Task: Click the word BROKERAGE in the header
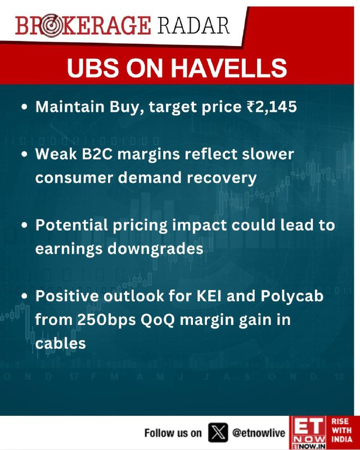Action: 83,26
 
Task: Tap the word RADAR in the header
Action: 193,26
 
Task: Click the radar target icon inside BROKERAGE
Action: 51,26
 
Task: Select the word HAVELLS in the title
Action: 229,68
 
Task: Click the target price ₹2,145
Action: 272,107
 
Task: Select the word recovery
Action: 222,178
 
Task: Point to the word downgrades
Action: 155,249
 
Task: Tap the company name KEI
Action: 209,296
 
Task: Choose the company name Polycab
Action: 292,296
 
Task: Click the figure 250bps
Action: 106,320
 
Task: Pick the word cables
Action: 61,343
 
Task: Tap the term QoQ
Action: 157,320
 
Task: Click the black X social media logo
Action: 218,433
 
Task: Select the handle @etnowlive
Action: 259,433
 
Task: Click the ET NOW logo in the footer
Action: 308,433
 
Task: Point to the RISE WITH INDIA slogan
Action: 342,430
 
